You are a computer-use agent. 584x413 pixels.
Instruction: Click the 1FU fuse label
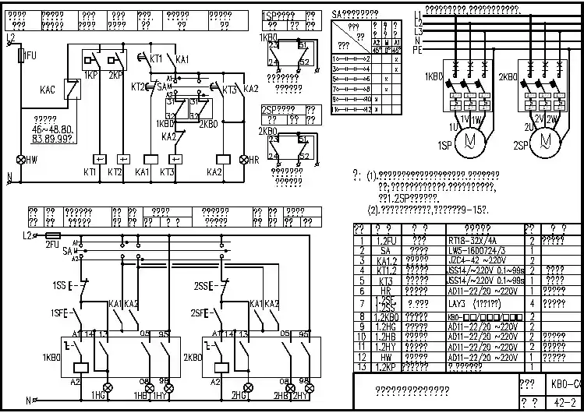point(30,55)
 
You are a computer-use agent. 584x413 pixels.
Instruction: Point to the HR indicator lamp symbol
point(242,160)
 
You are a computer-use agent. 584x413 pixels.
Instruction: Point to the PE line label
point(418,49)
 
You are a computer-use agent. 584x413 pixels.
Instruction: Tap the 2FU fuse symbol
point(54,235)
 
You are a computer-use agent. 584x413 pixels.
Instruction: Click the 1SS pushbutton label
point(58,286)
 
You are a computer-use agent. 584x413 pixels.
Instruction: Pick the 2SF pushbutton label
point(199,313)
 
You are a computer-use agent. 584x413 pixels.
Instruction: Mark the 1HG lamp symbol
point(108,387)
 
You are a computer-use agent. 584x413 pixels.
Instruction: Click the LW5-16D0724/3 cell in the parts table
point(476,250)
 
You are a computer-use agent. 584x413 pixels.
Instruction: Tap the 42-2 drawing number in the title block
point(563,402)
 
